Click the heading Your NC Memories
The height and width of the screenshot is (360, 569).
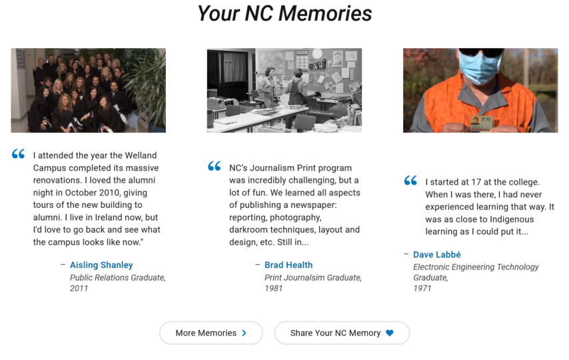[284, 13]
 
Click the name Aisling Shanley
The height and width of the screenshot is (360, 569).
[101, 265]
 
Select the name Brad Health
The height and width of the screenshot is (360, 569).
[288, 265]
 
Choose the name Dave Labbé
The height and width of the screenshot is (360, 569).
[437, 255]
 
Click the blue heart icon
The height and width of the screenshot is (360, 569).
[390, 333]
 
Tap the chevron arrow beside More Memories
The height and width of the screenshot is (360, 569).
[245, 333]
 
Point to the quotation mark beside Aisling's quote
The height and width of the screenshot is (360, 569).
[18, 155]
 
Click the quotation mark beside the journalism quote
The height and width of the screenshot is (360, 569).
[214, 167]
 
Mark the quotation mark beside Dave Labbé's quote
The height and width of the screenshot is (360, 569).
[410, 181]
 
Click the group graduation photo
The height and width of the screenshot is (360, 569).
[88, 90]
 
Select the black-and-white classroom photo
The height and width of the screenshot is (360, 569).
[284, 90]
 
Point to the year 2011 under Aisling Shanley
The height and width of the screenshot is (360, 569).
[79, 289]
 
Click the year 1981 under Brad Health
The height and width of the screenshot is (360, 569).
[273, 289]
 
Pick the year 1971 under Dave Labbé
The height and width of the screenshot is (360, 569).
[422, 289]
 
